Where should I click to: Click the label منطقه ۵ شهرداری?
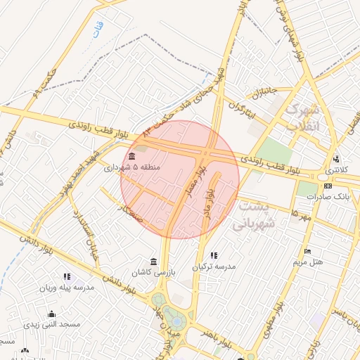133,167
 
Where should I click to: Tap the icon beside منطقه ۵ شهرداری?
132,156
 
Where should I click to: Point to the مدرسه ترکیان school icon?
214,256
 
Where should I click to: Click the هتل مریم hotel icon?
307,252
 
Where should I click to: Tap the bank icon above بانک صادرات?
328,186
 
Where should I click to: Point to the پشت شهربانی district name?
252,216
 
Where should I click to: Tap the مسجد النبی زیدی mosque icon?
51,314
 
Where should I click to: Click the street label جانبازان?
258,92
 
